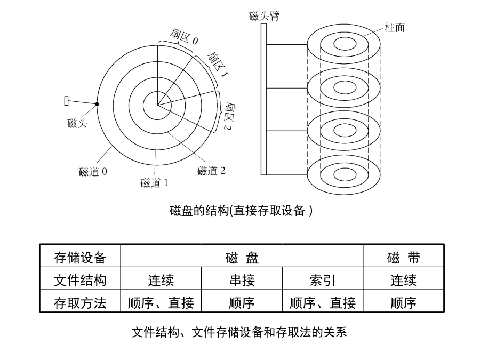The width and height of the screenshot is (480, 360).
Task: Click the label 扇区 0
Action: pos(184,37)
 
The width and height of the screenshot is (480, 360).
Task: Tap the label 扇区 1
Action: pos(218,65)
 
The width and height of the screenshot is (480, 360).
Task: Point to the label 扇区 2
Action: pos(229,117)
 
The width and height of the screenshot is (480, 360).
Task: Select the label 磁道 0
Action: pos(93,171)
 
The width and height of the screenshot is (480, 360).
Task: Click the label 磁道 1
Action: pos(154,183)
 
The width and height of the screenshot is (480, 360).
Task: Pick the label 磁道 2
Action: pos(211,171)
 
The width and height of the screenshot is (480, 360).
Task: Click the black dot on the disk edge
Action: pos(97,104)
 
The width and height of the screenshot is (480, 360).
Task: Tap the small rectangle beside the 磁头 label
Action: pos(67,101)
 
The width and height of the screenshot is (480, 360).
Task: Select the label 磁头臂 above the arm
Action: pos(264,16)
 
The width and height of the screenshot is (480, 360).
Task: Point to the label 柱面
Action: pos(395,28)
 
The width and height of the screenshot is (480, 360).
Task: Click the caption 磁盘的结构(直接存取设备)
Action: pos(241,211)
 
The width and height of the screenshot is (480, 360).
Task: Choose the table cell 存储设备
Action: pos(80,258)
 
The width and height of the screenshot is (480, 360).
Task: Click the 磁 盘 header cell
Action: pos(242,258)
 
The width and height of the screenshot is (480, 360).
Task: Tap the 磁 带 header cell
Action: pos(404,258)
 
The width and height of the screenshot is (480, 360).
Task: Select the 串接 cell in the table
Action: pos(242,280)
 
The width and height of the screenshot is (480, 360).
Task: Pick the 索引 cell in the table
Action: pos(323,280)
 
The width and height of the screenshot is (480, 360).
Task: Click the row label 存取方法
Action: pos(80,303)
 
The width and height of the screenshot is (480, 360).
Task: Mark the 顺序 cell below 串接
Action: pos(242,303)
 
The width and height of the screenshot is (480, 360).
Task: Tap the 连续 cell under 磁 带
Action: pos(404,280)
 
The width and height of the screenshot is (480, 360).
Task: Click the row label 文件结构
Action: pos(80,280)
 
